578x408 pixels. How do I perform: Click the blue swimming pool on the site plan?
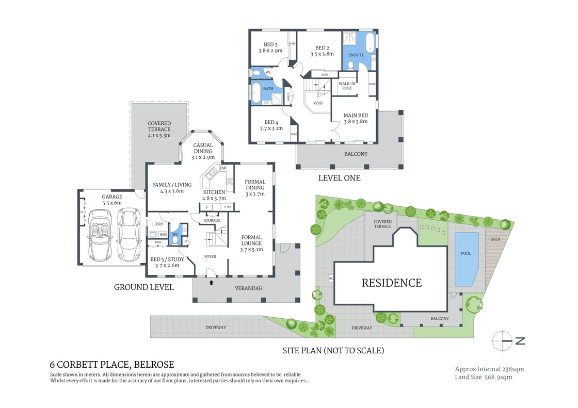(x=466, y=258)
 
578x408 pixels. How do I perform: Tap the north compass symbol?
(x=507, y=341)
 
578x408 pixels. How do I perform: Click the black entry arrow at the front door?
(x=211, y=282)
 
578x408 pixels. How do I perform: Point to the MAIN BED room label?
(x=356, y=115)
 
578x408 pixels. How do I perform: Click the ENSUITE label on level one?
(x=356, y=55)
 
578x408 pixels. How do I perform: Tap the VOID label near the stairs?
(x=318, y=103)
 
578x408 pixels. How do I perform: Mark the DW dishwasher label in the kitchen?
(x=223, y=168)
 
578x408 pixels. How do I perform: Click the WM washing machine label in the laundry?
(x=163, y=235)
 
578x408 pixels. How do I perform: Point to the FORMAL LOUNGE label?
(x=251, y=240)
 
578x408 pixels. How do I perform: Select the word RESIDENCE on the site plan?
(x=391, y=283)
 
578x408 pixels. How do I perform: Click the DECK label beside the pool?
(x=495, y=239)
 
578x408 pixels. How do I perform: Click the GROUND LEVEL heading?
(x=143, y=287)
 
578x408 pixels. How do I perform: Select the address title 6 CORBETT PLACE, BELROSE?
(x=112, y=365)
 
